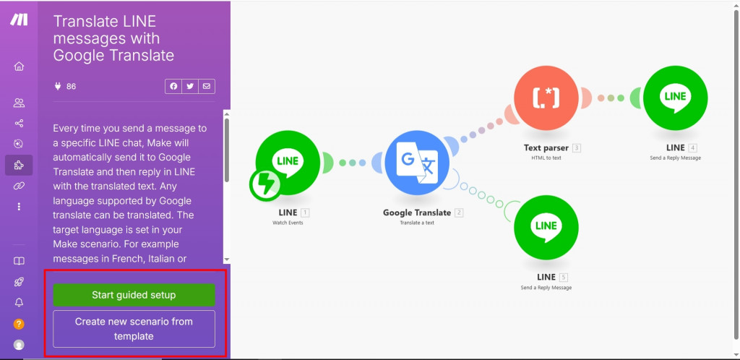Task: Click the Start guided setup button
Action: point(134,294)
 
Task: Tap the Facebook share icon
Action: point(173,87)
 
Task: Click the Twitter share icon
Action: point(190,87)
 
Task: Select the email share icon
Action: point(207,87)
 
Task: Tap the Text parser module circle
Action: point(546,98)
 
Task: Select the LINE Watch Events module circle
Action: point(288,162)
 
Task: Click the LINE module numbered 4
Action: point(675,98)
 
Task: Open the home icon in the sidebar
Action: point(19,67)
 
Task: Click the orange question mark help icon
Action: point(19,324)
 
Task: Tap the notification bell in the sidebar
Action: point(19,303)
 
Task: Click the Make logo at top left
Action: point(19,20)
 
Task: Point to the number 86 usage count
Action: point(71,87)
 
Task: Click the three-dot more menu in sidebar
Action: point(19,207)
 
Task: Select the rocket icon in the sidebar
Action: point(19,282)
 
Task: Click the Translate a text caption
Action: point(417,223)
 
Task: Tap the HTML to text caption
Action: point(546,158)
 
